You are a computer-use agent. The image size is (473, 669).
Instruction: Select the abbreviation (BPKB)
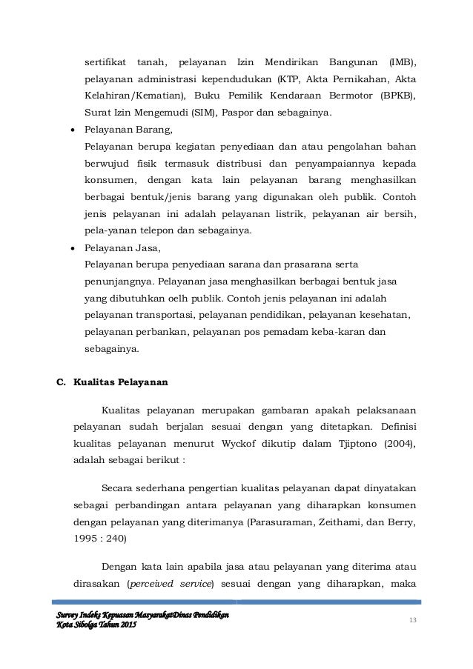[399, 96]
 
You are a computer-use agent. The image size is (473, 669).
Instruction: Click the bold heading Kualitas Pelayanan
[121, 383]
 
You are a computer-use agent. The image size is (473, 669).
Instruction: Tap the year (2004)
[400, 444]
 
